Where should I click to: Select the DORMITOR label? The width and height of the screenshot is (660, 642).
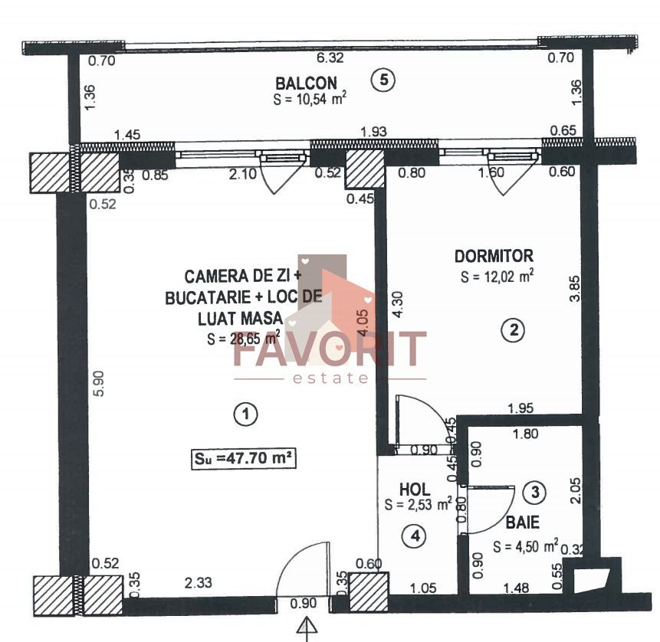click(493, 256)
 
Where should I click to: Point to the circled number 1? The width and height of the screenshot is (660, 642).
click(245, 414)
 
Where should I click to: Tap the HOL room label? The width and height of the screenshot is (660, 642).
click(415, 489)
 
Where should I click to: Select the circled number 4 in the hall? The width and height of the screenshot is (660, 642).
click(415, 536)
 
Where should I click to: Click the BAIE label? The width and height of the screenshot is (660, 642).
click(522, 524)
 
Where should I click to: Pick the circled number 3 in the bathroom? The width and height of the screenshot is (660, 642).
click(537, 493)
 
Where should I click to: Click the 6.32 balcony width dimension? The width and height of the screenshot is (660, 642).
click(331, 57)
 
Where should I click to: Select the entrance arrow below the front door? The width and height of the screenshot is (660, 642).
click(307, 627)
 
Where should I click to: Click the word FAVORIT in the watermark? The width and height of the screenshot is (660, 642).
click(330, 349)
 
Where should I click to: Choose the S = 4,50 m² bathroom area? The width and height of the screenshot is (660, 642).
click(526, 547)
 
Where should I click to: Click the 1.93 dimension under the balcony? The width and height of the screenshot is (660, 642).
click(373, 132)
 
